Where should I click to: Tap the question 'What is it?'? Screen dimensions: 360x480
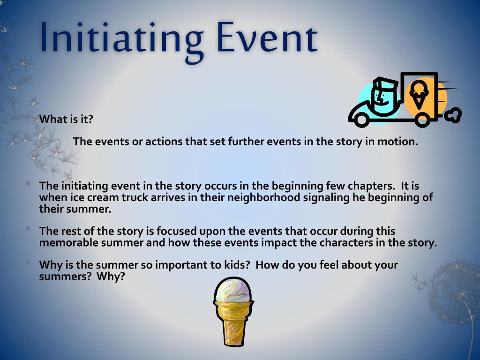[66, 119]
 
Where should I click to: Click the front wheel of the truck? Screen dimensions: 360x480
[361, 120]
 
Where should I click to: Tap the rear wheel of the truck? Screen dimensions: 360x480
[422, 120]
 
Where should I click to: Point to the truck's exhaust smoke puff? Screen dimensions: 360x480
[453, 114]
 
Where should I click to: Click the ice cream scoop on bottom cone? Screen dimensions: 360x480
[232, 290]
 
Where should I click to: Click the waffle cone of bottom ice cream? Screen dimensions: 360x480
[232, 321]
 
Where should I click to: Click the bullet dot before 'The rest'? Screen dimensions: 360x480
[29, 229]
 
